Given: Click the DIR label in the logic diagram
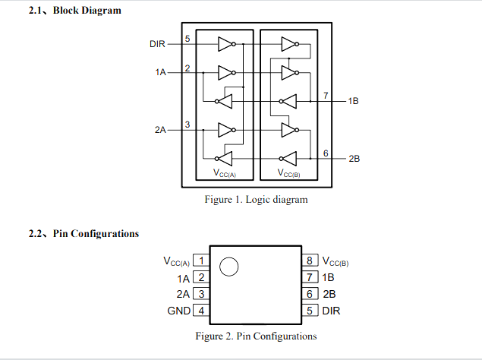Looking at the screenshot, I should point(157,44).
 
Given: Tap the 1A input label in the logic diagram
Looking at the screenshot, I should point(159,73).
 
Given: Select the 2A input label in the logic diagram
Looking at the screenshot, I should point(159,130).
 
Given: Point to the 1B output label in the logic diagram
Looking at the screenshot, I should point(353,101).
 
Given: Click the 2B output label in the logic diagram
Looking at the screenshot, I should point(354,159).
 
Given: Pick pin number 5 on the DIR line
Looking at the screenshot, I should point(187,38).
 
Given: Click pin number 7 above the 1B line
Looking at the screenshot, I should point(325,95).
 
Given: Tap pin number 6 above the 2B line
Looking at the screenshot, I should point(325,153).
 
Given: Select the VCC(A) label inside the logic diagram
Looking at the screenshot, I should point(225,174).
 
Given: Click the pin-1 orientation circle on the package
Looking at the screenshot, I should point(228,267).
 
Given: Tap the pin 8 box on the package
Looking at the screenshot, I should point(310,261).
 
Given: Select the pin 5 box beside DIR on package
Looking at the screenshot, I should point(310,311).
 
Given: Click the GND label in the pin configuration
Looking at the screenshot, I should point(178,311).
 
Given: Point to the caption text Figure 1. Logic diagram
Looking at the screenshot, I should point(256,200).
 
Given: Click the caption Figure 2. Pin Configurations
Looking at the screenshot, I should point(256,336).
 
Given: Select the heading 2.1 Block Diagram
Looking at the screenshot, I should point(74,11).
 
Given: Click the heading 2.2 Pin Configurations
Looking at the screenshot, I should point(83,233).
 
